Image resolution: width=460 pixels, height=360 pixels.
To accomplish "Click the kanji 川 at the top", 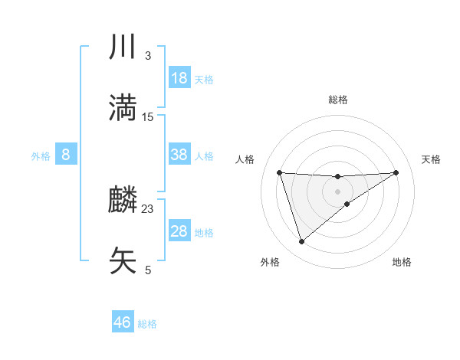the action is (123, 47).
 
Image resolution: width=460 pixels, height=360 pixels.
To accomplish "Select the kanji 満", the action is (123, 107).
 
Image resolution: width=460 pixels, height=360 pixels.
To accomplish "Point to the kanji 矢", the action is (123, 260).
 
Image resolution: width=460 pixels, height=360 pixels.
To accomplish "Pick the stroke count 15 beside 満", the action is (148, 116).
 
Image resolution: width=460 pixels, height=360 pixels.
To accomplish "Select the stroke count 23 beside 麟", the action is (148, 209).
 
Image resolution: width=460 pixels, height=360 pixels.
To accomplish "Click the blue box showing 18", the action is (179, 78).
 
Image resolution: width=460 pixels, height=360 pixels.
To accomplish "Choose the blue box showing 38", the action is (179, 155).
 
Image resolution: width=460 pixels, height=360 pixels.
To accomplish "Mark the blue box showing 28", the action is (179, 231).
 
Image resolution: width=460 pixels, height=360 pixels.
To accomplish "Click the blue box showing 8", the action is (66, 155).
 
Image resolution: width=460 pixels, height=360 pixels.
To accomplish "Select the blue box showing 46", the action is (123, 322).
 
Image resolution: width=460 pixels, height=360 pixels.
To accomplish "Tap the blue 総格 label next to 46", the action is (147, 324).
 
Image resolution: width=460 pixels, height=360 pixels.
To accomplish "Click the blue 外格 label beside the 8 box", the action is (41, 156).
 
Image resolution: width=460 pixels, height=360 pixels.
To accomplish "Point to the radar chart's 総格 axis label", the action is (338, 100).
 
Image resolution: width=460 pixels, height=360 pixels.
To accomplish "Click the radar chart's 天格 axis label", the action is (432, 159).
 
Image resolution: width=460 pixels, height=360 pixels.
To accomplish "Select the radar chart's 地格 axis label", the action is (402, 262).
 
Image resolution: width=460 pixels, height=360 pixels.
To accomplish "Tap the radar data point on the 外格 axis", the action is (301, 242).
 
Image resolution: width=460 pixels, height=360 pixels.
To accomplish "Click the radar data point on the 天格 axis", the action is (396, 172).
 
